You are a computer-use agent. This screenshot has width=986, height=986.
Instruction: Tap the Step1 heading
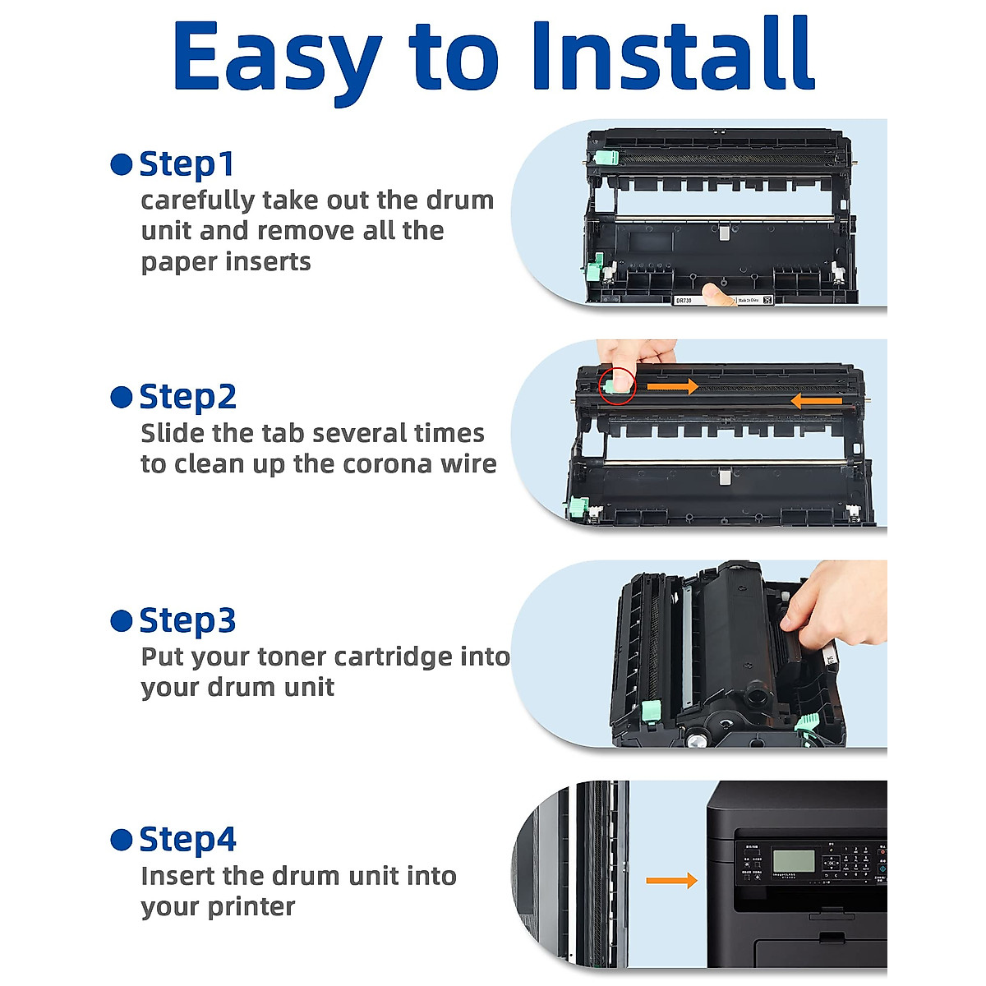click(x=187, y=165)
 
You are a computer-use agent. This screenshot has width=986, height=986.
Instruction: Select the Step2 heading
click(x=188, y=397)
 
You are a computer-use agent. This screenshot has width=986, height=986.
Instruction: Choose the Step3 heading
click(x=188, y=620)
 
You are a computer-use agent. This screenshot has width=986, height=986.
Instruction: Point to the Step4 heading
click(x=188, y=840)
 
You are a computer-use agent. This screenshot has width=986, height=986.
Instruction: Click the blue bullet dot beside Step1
click(x=122, y=165)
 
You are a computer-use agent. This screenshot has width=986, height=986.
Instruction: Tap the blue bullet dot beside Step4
click(x=122, y=840)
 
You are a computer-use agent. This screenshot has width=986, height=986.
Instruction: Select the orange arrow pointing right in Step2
click(x=672, y=386)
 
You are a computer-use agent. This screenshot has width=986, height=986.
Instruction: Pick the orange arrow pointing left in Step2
click(x=816, y=401)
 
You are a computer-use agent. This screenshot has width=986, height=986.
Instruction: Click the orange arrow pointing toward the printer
click(x=672, y=881)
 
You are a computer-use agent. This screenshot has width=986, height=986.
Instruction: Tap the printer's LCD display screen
click(x=794, y=861)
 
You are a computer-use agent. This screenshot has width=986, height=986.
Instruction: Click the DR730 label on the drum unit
click(x=684, y=301)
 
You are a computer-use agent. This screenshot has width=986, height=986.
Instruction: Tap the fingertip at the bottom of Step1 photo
click(x=717, y=295)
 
